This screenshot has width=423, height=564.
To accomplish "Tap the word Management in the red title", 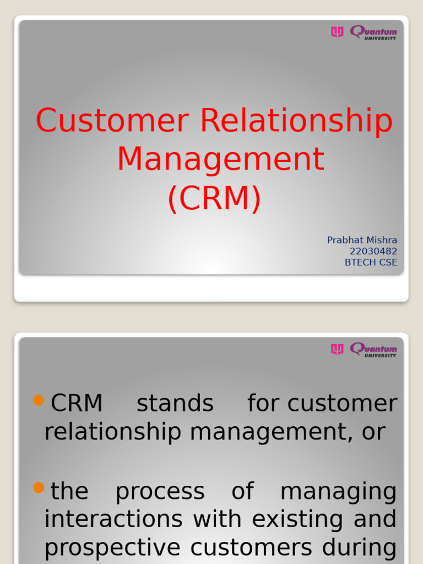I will (x=220, y=159).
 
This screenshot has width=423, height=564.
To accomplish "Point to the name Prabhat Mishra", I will (x=362, y=240).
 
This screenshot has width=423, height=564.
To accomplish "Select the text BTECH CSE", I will (x=371, y=262).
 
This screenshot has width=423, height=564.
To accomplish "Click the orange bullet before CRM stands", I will (x=39, y=400).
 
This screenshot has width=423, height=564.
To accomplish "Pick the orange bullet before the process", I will (x=39, y=487).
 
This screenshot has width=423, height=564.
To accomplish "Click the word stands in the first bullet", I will (x=175, y=404).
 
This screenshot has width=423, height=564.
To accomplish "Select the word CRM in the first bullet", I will (x=77, y=404).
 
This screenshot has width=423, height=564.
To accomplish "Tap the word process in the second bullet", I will (x=160, y=491).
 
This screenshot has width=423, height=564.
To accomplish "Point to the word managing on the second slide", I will (x=338, y=491).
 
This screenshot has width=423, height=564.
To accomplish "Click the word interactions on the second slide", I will (x=113, y=519).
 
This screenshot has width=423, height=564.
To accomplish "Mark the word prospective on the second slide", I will (x=112, y=547).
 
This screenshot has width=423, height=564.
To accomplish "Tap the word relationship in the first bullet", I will (x=112, y=432).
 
